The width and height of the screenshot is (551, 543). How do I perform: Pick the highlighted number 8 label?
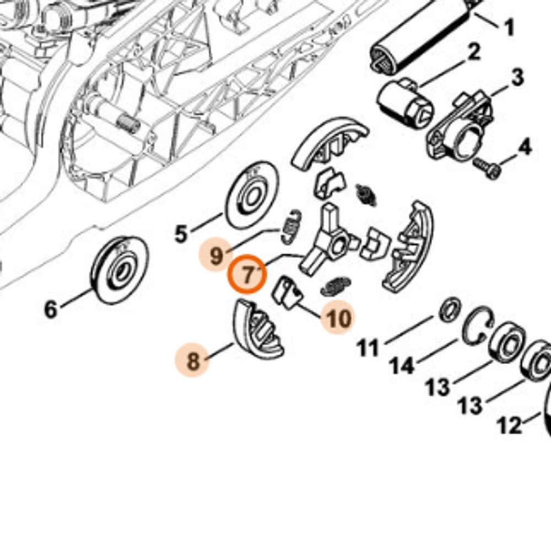(x=192, y=361)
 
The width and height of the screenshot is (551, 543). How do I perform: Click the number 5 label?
(x=181, y=234)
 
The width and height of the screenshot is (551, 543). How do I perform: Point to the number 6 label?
(x=50, y=309)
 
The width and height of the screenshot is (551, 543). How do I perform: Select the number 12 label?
(x=509, y=425)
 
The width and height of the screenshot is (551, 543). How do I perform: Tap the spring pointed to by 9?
(x=291, y=227)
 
